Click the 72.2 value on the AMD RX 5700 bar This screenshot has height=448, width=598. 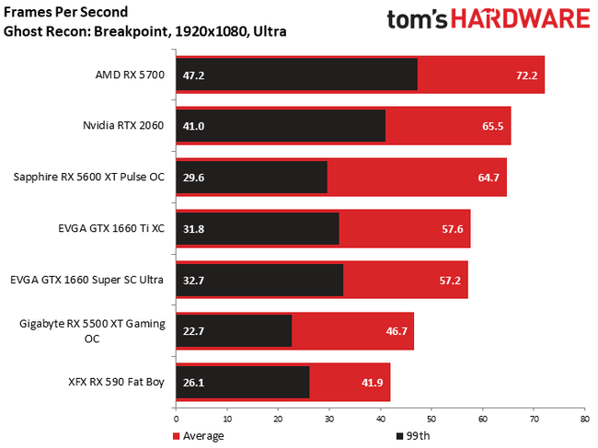[x=525, y=75]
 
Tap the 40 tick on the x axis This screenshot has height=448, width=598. [x=379, y=419]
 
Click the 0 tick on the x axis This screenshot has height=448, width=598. [x=175, y=419]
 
